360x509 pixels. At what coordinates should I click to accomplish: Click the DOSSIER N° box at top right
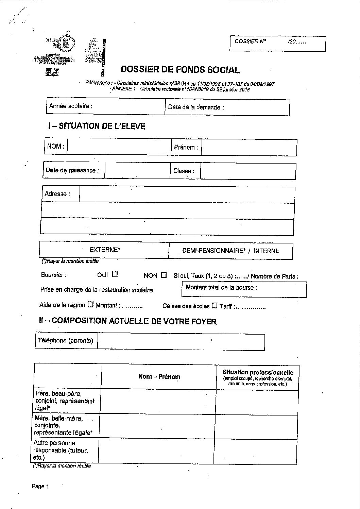click(277, 43)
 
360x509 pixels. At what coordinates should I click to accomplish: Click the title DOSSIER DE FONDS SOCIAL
click(180, 70)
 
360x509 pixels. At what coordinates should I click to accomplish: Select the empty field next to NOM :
click(119, 147)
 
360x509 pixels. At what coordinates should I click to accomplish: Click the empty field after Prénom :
click(249, 148)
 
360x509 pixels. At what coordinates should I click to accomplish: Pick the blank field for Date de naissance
click(137, 170)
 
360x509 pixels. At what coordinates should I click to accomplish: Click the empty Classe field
click(248, 171)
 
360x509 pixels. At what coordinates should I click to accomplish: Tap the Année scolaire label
click(71, 106)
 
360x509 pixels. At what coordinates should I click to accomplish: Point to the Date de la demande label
click(196, 107)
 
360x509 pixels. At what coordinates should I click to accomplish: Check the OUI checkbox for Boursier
click(115, 274)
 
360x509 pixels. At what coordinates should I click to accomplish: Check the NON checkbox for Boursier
click(164, 275)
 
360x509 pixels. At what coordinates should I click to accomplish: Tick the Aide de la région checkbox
click(90, 305)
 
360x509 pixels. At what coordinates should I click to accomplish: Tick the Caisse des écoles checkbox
click(214, 306)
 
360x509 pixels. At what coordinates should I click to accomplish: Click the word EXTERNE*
click(105, 250)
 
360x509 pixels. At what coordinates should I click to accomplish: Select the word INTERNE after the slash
click(267, 251)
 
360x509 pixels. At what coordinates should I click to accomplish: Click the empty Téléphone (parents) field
click(181, 341)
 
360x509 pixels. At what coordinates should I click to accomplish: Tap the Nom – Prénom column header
click(159, 376)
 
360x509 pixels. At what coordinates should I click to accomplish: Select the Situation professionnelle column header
click(258, 373)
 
